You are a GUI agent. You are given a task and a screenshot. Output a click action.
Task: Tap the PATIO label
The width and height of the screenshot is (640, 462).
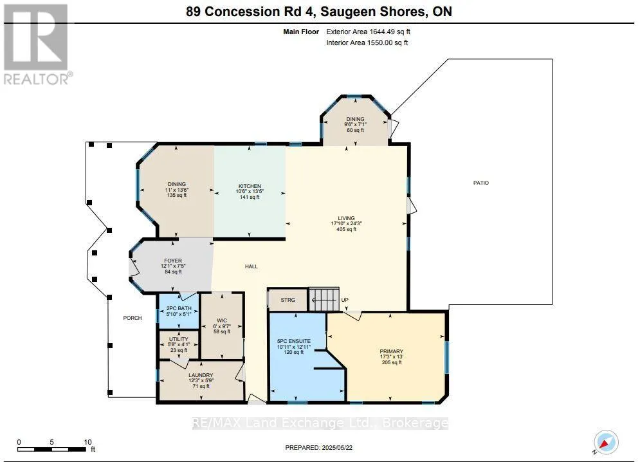click(x=481, y=183)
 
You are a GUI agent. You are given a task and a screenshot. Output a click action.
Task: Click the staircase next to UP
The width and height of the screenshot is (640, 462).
click(x=324, y=299)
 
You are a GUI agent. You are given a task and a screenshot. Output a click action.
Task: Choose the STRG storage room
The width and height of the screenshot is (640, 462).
click(x=288, y=300)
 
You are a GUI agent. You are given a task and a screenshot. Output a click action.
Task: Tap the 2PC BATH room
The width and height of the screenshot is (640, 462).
click(x=178, y=311)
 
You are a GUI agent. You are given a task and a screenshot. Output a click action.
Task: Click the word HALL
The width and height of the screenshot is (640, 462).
click(x=251, y=266)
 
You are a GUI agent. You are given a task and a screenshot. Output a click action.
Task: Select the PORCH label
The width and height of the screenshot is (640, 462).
click(x=133, y=318)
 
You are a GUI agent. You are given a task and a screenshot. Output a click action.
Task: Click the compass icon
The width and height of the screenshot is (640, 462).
click(x=606, y=443)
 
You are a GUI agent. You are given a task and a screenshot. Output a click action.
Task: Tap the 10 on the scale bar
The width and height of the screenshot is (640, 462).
click(x=87, y=442)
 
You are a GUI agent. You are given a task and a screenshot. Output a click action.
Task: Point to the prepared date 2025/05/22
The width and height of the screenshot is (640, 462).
click(x=337, y=448)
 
